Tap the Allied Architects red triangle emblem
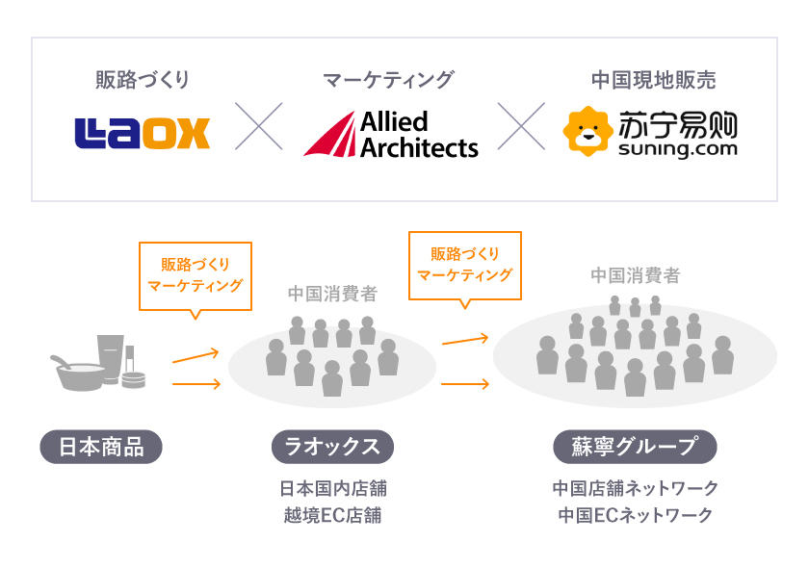coord(328,135)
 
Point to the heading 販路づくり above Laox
coord(142,80)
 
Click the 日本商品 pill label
coord(101,447)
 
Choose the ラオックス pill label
coord(332,447)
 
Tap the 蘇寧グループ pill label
coord(635,447)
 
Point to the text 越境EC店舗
coord(332,515)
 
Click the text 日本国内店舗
coord(332,488)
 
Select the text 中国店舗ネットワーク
coord(635,488)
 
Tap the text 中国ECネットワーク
coord(635,515)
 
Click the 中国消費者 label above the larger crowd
coord(635,276)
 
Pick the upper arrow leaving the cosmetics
coord(196,356)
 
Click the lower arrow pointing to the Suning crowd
coord(465,384)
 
